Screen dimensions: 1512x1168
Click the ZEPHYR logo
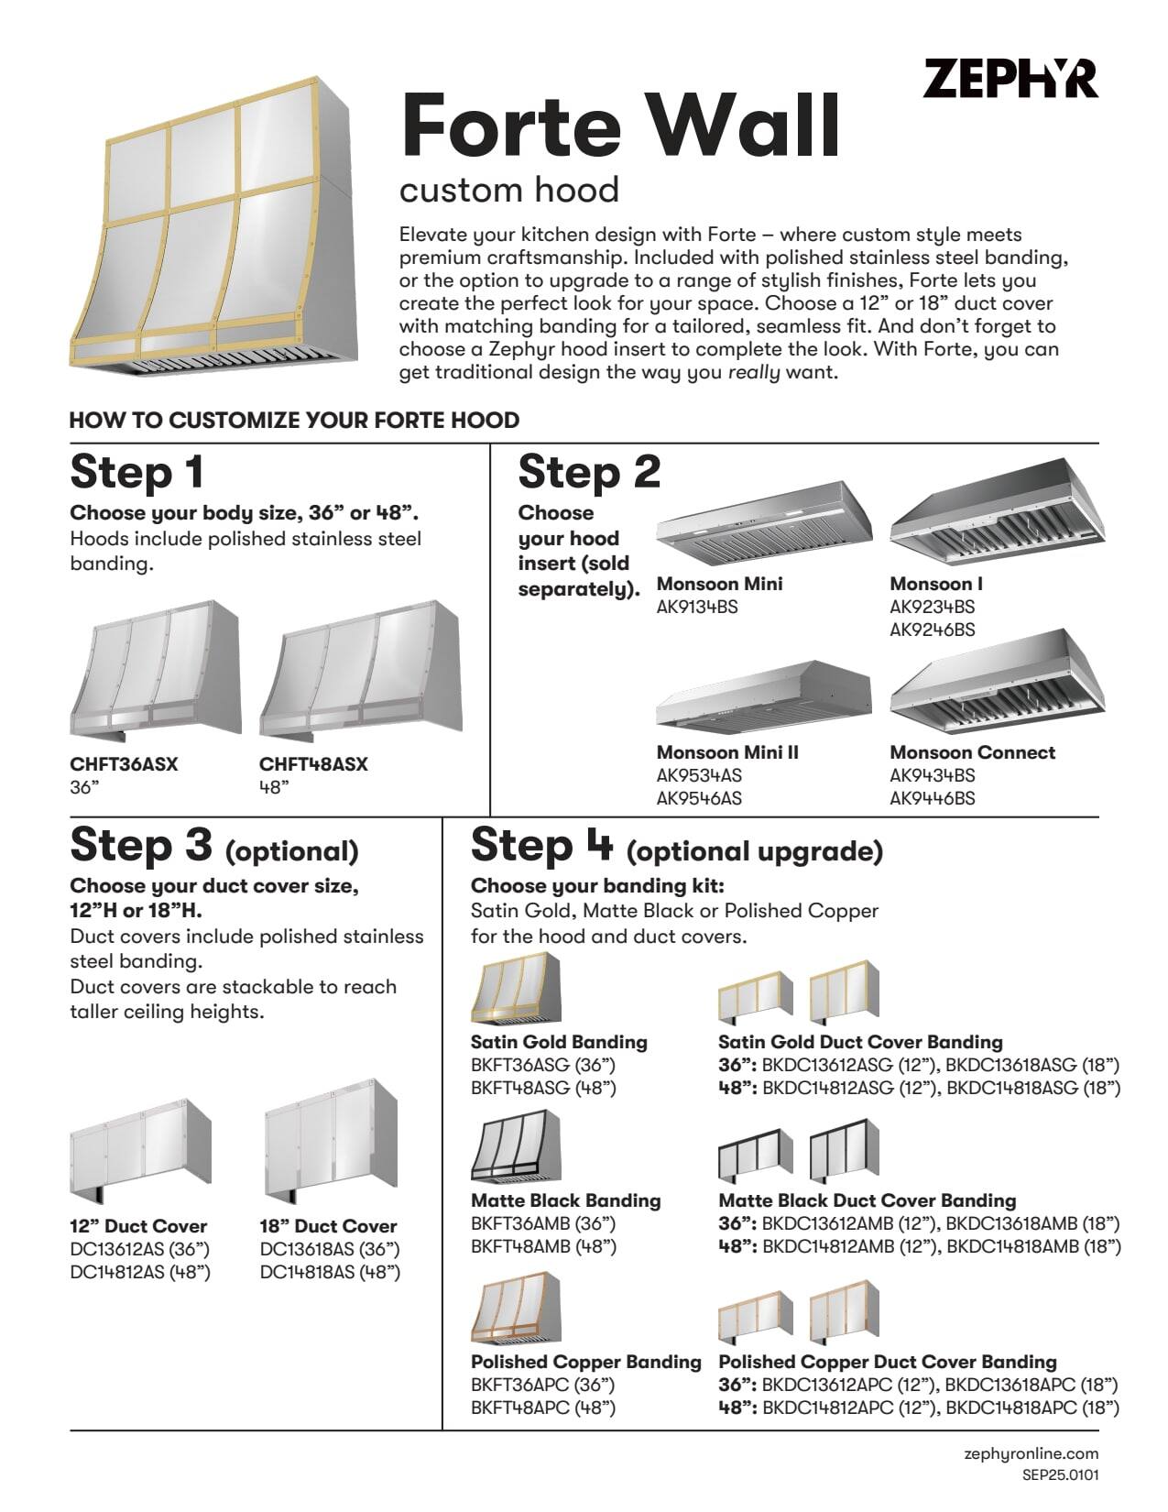click(1010, 79)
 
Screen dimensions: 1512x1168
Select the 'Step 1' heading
click(136, 472)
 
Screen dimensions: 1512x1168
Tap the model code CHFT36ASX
click(124, 764)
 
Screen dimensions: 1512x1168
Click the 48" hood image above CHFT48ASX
click(360, 671)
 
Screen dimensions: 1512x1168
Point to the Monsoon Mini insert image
click(762, 525)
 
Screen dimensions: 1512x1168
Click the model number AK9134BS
click(697, 607)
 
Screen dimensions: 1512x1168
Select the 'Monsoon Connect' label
click(972, 752)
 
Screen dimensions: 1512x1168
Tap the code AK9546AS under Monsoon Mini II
click(699, 798)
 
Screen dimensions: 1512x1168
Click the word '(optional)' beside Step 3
click(291, 851)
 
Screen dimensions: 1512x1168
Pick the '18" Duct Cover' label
click(328, 1226)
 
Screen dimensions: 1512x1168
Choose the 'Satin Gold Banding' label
click(559, 1042)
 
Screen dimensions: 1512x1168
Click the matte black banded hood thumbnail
click(516, 1146)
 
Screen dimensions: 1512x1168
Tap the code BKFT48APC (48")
click(542, 1408)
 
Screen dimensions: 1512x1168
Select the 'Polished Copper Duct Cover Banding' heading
click(887, 1362)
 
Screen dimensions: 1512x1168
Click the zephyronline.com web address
click(1031, 1453)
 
